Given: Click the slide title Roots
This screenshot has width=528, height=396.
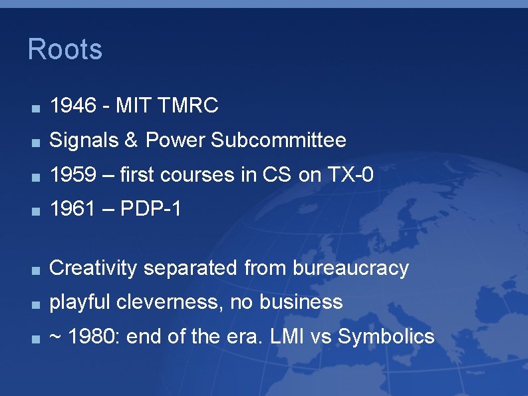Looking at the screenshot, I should (x=65, y=50).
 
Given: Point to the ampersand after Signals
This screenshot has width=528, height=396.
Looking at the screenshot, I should (x=131, y=140).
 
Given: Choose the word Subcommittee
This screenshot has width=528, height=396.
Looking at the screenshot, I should (x=279, y=140).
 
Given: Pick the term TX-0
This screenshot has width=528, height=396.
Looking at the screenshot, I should (x=350, y=175).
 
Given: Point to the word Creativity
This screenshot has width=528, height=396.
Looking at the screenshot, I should (x=94, y=268).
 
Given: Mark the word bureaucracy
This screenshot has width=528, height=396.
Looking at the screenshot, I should (x=350, y=268).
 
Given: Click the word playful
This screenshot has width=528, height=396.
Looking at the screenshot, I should (x=80, y=303).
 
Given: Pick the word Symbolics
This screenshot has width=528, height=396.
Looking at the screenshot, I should (x=386, y=337).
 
